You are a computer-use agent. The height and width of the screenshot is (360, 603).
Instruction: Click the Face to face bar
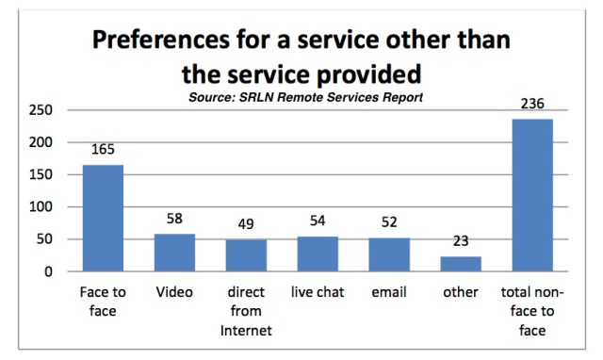[x=103, y=218]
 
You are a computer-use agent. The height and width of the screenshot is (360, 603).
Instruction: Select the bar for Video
[x=174, y=253]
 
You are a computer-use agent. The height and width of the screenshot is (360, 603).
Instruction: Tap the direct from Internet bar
[x=245, y=255]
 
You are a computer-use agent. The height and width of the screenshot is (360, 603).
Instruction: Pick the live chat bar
[x=318, y=254]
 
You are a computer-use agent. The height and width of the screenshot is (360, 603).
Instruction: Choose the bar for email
[x=388, y=254]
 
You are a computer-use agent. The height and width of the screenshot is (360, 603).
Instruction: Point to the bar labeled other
[x=460, y=264]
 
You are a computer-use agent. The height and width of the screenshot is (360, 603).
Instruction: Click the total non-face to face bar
[x=532, y=195]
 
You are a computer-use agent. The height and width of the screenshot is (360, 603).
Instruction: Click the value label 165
[x=103, y=150]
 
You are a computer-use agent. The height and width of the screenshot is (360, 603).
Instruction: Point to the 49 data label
[x=245, y=224]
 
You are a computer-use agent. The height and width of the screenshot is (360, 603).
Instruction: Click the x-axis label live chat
[x=318, y=293]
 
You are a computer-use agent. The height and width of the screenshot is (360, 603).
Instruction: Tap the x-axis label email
[x=388, y=293]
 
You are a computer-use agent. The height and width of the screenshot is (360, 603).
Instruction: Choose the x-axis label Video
[x=174, y=293]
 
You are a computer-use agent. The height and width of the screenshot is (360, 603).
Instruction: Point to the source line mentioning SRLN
[x=303, y=97]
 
